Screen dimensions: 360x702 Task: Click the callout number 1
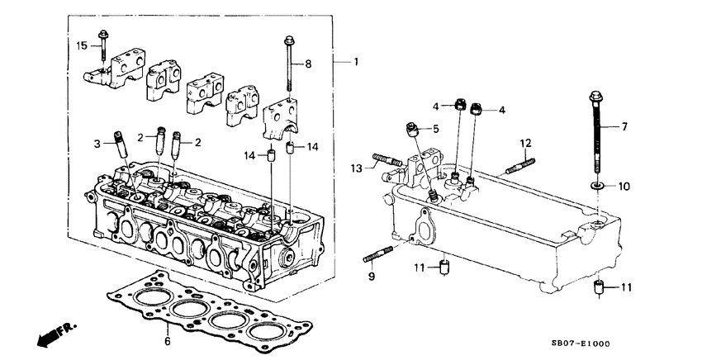[x=356, y=63]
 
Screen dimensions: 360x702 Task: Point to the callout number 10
[x=624, y=187]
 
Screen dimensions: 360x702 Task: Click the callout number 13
[x=357, y=169]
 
